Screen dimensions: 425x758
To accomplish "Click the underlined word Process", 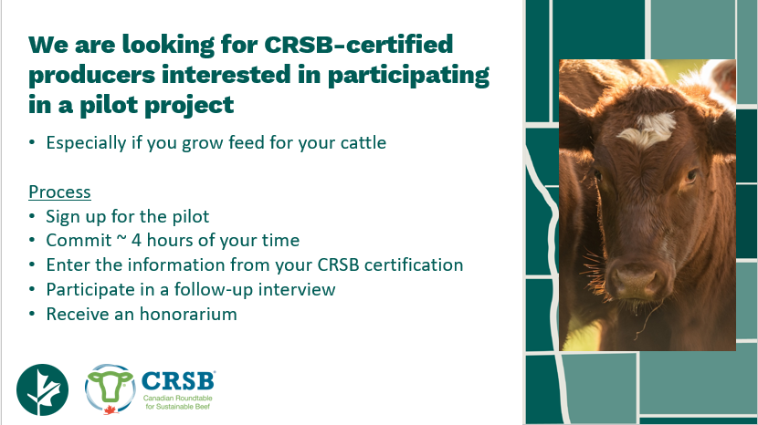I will (59, 192).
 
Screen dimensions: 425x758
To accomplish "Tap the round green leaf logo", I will (42, 389).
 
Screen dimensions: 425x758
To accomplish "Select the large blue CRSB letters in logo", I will (178, 379).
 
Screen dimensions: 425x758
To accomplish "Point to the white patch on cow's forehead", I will (646, 133).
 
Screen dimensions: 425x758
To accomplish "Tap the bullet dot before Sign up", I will (33, 217).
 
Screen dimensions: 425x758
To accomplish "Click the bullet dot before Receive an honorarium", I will (33, 315).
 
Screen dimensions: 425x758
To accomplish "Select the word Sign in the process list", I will (62, 216).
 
